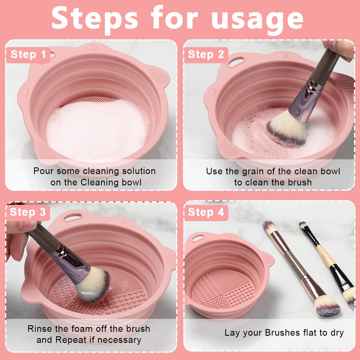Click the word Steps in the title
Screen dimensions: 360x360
(95, 19)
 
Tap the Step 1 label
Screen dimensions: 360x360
(28, 55)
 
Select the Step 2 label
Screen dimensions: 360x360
(206, 55)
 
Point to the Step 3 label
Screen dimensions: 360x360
(28, 212)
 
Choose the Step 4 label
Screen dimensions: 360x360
(206, 212)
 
